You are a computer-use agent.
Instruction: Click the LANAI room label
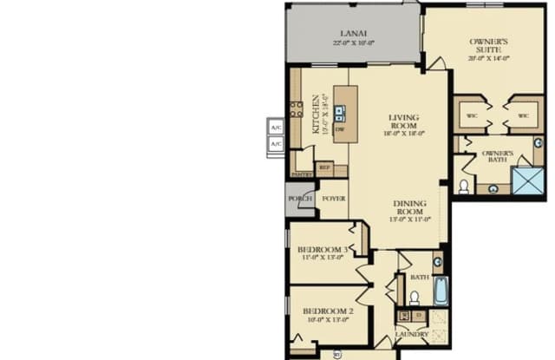352,33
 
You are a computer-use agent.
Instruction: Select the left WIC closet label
472,115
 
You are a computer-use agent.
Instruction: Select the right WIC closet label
523,115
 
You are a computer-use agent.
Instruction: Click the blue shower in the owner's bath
527,180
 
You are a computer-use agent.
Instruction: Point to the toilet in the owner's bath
464,186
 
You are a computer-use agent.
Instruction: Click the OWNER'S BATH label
498,158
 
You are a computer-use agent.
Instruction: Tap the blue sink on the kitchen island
340,112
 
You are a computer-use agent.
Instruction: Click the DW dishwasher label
340,129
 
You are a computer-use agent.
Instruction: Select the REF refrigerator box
324,167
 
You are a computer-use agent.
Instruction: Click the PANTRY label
302,174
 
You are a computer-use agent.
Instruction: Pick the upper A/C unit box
276,127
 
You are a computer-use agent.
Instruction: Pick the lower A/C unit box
276,144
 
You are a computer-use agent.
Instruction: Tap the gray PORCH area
300,199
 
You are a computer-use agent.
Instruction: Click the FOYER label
334,199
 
